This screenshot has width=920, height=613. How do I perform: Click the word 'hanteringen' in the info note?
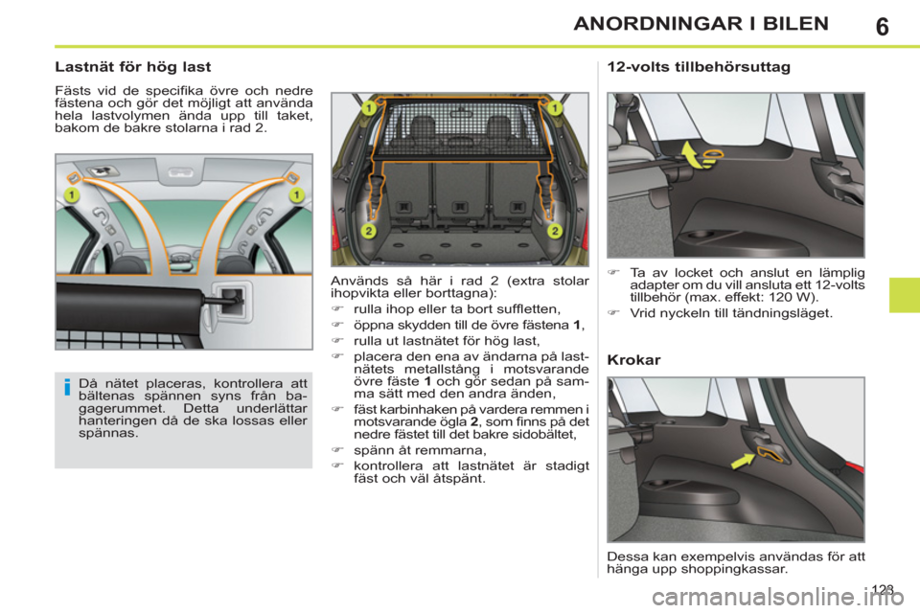[118, 420]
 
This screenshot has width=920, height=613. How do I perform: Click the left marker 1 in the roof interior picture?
[71, 195]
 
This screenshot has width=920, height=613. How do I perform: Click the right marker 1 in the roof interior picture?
[296, 195]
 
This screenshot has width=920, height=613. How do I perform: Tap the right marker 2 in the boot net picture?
[554, 232]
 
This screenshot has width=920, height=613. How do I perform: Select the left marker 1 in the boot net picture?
[367, 109]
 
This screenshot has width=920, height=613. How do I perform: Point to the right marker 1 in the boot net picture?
[554, 109]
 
